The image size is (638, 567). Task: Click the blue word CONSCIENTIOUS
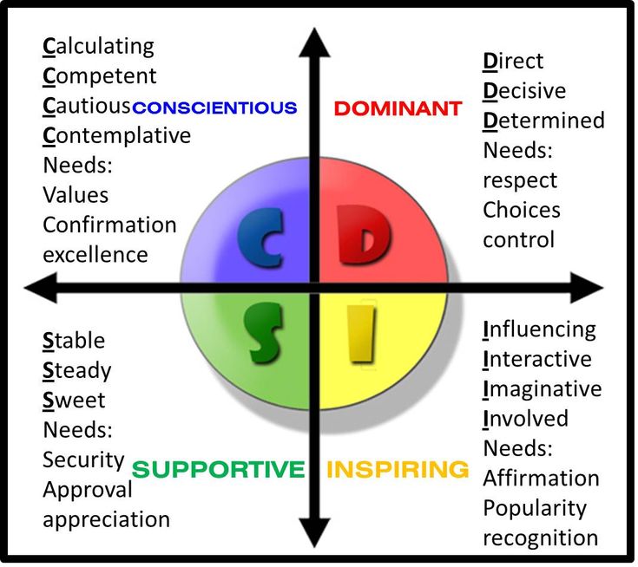click(x=215, y=108)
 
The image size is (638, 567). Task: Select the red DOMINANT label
click(x=398, y=108)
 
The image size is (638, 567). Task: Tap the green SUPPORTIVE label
click(x=218, y=469)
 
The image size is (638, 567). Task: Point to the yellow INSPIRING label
click(x=398, y=469)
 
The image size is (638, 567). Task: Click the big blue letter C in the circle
click(x=260, y=238)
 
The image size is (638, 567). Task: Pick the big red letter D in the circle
click(x=363, y=235)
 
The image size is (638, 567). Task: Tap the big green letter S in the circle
click(x=264, y=333)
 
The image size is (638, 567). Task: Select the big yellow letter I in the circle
click(x=361, y=333)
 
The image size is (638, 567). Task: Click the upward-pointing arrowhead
click(x=314, y=42)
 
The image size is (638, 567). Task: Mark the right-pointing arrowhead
click(x=587, y=288)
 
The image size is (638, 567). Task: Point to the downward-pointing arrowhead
click(x=314, y=532)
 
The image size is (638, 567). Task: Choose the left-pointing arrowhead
click(x=41, y=288)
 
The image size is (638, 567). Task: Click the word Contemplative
click(x=117, y=136)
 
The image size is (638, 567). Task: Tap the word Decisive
click(x=524, y=91)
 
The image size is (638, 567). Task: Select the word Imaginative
click(x=543, y=389)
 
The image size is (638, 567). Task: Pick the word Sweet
click(x=74, y=401)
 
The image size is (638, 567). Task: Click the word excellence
click(x=95, y=255)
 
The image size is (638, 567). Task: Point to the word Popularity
click(x=535, y=509)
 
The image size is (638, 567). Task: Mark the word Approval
click(x=88, y=490)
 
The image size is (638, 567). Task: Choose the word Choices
click(x=522, y=210)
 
